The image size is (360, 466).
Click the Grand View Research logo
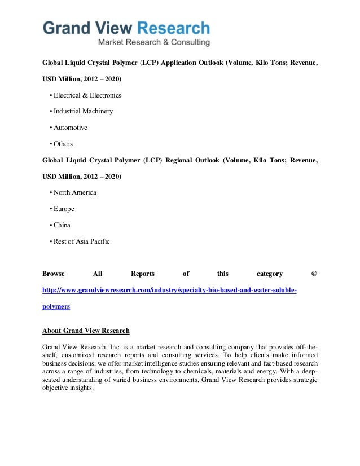click(126, 28)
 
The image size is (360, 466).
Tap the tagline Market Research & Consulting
click(154, 42)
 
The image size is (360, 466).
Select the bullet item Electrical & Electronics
click(87, 95)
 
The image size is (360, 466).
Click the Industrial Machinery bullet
click(83, 111)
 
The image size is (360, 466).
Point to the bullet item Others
click(63, 144)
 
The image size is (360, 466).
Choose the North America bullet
click(74, 192)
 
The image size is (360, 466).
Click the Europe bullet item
click(64, 209)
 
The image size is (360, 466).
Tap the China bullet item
click(62, 225)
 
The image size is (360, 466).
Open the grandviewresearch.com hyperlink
click(169, 290)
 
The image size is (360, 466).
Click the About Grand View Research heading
click(86, 331)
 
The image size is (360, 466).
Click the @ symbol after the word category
click(314, 274)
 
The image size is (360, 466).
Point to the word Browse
click(54, 274)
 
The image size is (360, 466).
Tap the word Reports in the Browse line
click(143, 274)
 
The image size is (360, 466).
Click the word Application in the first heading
click(184, 63)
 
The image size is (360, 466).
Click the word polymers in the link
click(56, 306)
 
